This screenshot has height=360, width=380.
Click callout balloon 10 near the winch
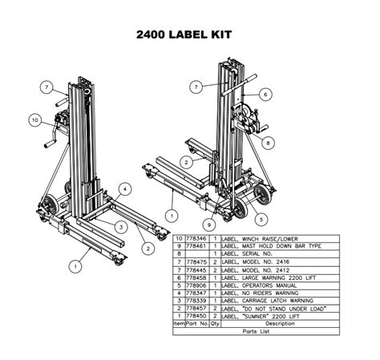click(x=34, y=121)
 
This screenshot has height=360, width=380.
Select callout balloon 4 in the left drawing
click(x=126, y=189)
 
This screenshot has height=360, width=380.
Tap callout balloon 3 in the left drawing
click(x=119, y=227)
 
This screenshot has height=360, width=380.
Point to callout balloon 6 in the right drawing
click(x=263, y=94)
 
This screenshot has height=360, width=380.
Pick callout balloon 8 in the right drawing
click(x=269, y=142)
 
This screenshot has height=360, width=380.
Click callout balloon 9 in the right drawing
click(x=208, y=224)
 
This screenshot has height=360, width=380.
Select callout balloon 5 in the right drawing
click(x=262, y=216)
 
